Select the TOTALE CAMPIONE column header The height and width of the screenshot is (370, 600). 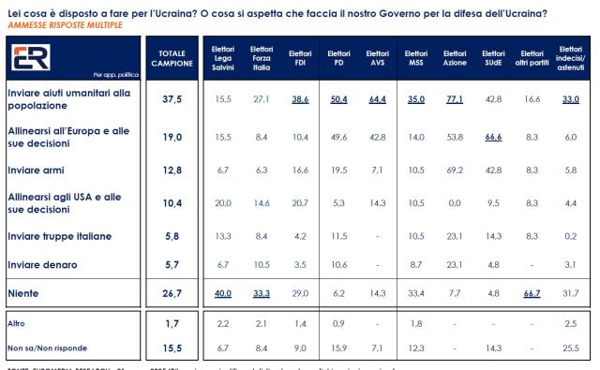click(x=172, y=57)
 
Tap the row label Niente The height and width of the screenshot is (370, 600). click(x=24, y=295)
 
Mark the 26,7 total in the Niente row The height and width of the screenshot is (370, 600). click(x=172, y=295)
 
